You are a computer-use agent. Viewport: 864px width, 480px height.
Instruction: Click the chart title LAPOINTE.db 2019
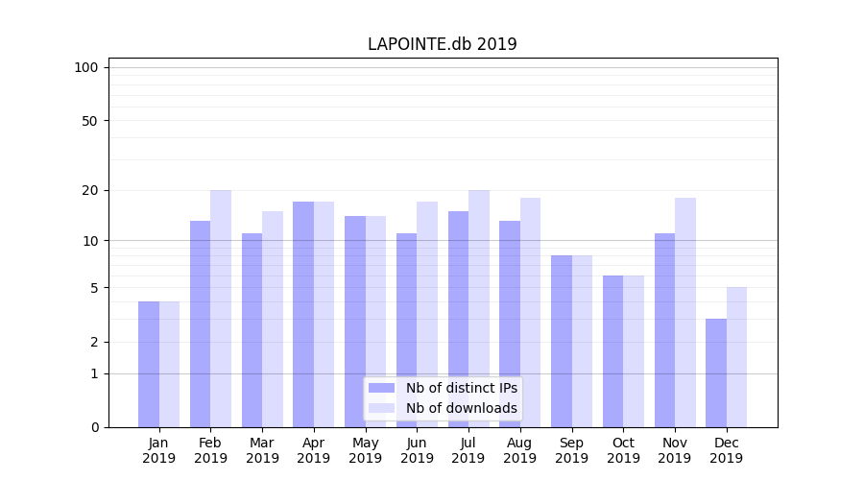443,44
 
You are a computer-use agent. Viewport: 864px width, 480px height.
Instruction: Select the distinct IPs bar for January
149,364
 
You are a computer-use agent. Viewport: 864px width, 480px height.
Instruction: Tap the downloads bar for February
221,308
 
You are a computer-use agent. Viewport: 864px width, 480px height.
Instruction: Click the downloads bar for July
479,308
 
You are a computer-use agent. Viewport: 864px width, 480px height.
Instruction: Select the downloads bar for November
685,312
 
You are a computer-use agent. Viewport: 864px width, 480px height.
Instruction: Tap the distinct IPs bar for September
562,341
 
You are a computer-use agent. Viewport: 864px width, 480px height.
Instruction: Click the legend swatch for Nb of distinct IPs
381,388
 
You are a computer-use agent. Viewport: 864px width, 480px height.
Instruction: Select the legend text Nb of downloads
462,408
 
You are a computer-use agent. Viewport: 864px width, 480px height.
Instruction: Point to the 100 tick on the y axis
86,67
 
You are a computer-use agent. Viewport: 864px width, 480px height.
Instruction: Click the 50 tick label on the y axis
90,121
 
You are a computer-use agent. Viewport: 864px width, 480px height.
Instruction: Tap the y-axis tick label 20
90,190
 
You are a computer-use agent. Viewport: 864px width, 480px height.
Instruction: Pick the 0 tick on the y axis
94,427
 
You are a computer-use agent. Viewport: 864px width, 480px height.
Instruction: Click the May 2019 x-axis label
366,450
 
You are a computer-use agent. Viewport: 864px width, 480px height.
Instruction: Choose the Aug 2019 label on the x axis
520,450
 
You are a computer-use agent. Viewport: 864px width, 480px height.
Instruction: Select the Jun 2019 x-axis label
417,450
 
